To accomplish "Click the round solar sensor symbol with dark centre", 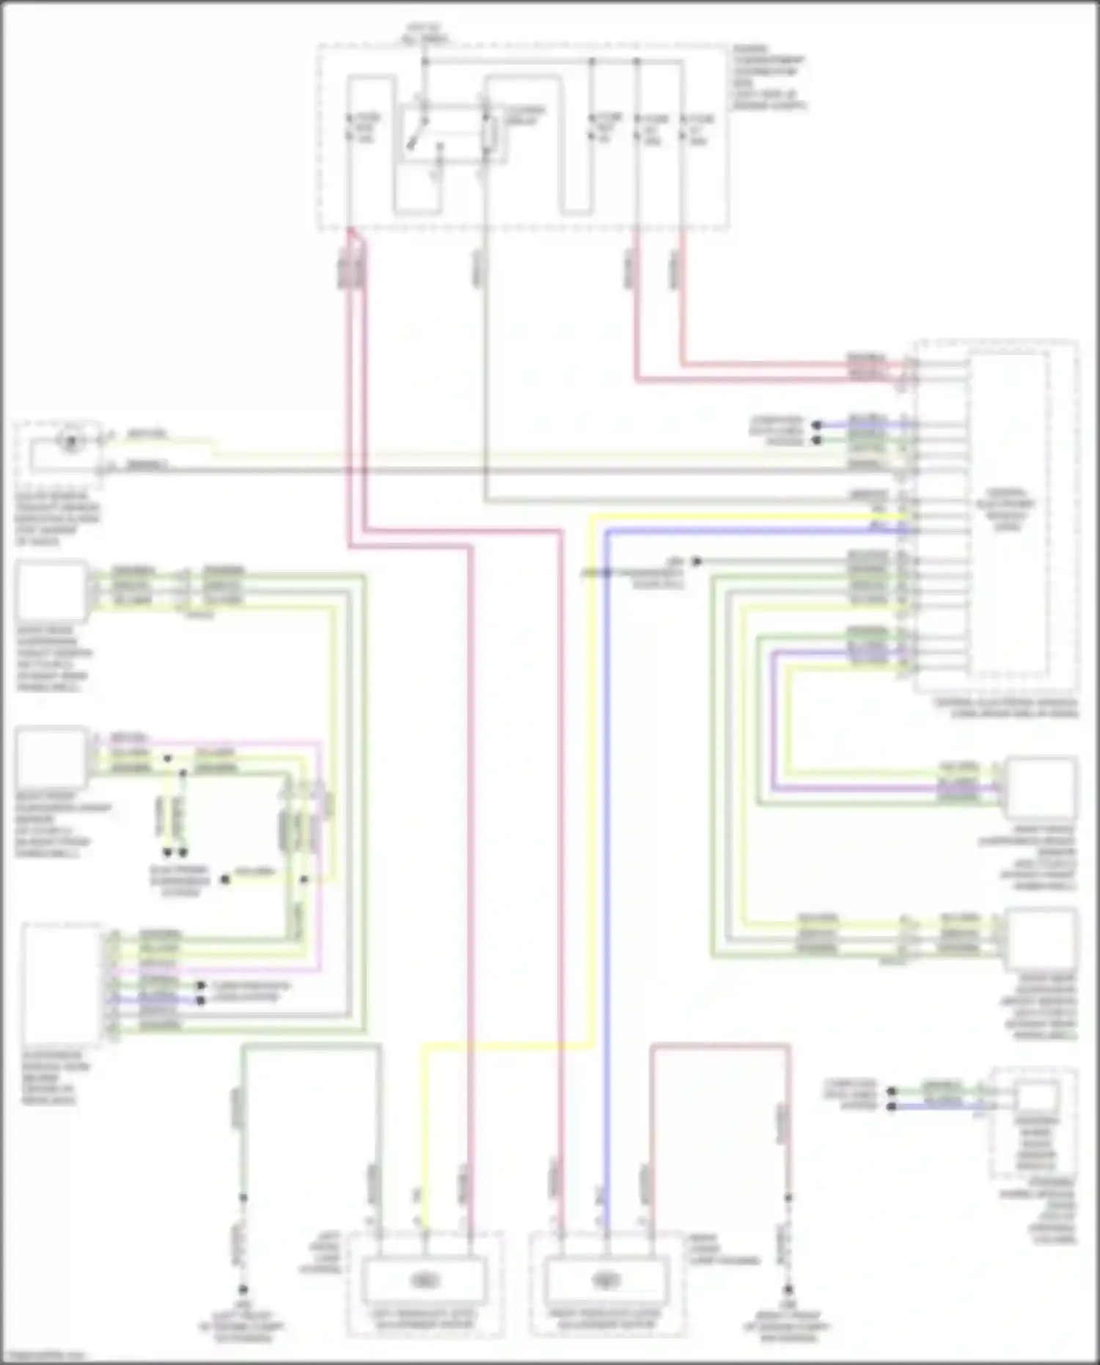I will pyautogui.click(x=71, y=442).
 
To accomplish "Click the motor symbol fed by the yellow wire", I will pyautogui.click(x=424, y=1280).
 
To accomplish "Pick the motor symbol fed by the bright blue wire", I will pyautogui.click(x=606, y=1280).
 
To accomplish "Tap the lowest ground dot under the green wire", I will pyautogui.click(x=243, y=1289).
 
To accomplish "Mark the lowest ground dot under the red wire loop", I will pyautogui.click(x=788, y=1289).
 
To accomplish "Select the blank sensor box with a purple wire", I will pyautogui.click(x=1040, y=788).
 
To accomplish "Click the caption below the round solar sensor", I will pyautogui.click(x=57, y=519).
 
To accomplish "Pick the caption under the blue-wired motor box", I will pyautogui.click(x=607, y=1320).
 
